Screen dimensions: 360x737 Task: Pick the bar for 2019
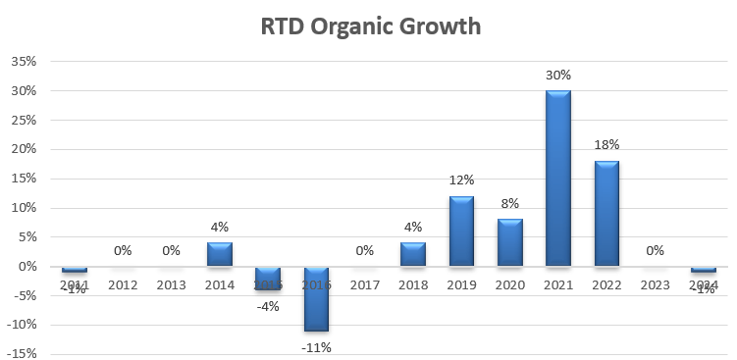pyautogui.click(x=461, y=231)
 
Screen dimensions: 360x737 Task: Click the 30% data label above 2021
pyautogui.click(x=558, y=75)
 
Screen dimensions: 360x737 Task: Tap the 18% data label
pyautogui.click(x=606, y=145)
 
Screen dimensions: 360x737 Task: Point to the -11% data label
pyautogui.click(x=316, y=346)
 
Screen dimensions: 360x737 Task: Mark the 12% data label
pyautogui.click(x=461, y=180)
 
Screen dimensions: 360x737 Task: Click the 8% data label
pyautogui.click(x=510, y=204)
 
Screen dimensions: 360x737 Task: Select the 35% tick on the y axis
pyautogui.click(x=23, y=62)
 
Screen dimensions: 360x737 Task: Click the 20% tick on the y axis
pyautogui.click(x=23, y=149)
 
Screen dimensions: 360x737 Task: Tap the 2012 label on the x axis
pyautogui.click(x=123, y=286)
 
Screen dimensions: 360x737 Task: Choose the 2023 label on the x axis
pyautogui.click(x=655, y=286)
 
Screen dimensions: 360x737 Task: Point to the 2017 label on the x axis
pyautogui.click(x=365, y=286)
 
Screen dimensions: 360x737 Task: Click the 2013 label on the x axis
pyautogui.click(x=171, y=286)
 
